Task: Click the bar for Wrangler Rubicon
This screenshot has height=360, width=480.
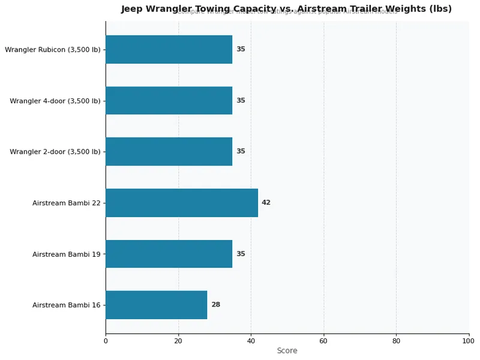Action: [x=169, y=49]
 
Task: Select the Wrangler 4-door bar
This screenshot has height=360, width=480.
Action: [x=169, y=100]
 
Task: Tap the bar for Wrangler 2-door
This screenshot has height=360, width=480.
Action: [x=169, y=151]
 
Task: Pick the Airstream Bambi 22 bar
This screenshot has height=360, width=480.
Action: [x=181, y=203]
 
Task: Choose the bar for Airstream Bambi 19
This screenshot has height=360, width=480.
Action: [x=169, y=254]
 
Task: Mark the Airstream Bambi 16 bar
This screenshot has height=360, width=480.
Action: [x=156, y=305]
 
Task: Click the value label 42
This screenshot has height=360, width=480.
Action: [x=266, y=203]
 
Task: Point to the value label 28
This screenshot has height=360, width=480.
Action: [x=215, y=305]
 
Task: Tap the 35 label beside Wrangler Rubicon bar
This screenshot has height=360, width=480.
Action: [x=241, y=49]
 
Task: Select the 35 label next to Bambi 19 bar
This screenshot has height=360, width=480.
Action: [x=241, y=254]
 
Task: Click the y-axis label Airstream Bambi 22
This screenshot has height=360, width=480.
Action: [x=67, y=203]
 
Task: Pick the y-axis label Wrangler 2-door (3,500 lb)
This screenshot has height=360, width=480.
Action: [x=55, y=152]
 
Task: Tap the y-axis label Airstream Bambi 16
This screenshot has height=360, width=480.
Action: [x=67, y=305]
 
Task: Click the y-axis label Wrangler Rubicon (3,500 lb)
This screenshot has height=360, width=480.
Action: [x=53, y=50]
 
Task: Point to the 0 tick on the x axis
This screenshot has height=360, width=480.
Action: [x=106, y=341]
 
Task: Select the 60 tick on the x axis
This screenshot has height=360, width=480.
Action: [x=323, y=341]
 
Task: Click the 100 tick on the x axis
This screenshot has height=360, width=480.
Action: [x=469, y=341]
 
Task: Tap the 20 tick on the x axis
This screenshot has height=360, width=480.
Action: [x=178, y=341]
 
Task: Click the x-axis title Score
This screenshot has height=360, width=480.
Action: [x=287, y=351]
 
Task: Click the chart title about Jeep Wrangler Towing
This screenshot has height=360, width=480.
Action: [x=286, y=9]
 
